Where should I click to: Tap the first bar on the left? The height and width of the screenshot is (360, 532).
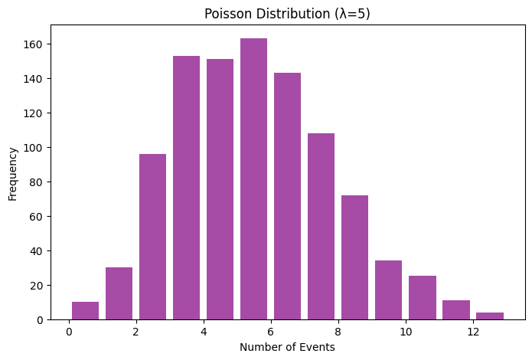point(85,311)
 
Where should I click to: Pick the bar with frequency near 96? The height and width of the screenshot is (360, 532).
point(152,237)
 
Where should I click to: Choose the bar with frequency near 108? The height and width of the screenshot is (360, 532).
point(321,226)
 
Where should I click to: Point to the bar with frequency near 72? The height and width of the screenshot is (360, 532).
point(354,257)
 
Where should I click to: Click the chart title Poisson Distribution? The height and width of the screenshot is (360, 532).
point(259,15)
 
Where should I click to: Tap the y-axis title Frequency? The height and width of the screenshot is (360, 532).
point(14,173)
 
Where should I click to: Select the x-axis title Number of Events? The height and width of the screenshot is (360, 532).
point(287,347)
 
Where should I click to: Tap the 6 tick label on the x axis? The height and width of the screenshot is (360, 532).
point(270,332)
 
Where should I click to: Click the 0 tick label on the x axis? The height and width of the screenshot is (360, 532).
point(68,332)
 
